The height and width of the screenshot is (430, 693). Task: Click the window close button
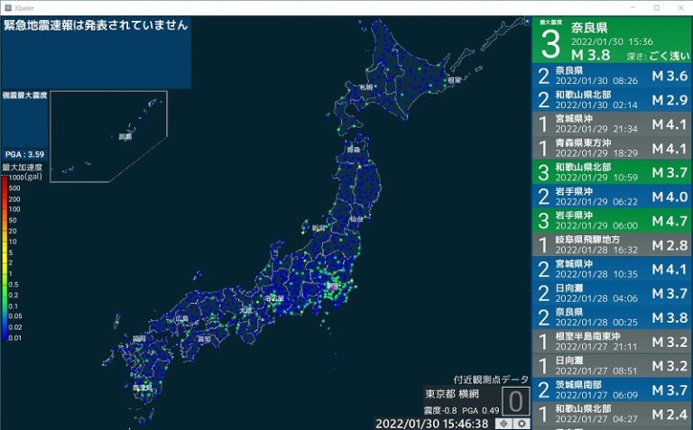pyautogui.click(x=680, y=7)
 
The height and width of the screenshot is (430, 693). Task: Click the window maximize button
pyautogui.click(x=656, y=7)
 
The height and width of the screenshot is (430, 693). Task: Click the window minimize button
pyautogui.click(x=632, y=7)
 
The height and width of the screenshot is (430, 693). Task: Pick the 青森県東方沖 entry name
pyautogui.click(x=583, y=142)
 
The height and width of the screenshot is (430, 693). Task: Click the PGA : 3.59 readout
pyautogui.click(x=24, y=154)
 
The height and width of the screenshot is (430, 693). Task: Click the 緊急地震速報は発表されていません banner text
pyautogui.click(x=96, y=24)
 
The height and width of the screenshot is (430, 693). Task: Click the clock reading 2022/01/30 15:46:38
pyautogui.click(x=431, y=423)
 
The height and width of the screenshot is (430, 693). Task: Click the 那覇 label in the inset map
pyautogui.click(x=125, y=137)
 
